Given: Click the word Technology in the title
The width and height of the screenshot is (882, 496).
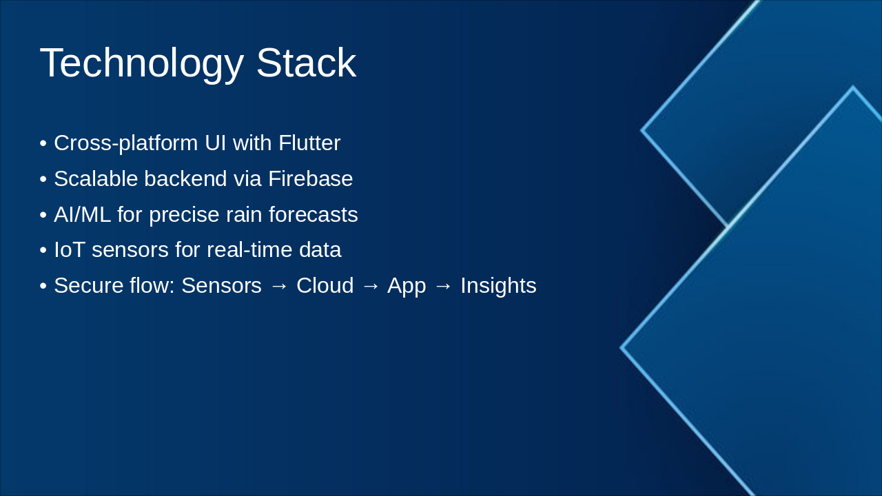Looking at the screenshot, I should click(x=141, y=63).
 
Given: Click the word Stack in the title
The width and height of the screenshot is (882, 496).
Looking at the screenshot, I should click(x=306, y=63).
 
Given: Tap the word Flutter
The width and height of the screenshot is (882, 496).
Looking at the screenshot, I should click(x=309, y=143).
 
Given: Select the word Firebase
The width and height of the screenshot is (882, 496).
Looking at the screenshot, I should click(x=310, y=179).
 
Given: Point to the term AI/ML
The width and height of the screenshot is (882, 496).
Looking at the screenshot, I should click(x=82, y=215).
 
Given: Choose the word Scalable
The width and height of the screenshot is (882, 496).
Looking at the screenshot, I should click(x=96, y=179).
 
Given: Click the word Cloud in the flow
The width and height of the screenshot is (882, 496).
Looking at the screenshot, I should click(x=325, y=286).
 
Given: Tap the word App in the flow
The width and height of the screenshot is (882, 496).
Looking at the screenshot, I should click(x=407, y=286).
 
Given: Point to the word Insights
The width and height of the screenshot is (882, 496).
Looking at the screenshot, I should click(x=498, y=286).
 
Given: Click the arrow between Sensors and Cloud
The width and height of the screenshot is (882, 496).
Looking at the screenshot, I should click(x=279, y=287).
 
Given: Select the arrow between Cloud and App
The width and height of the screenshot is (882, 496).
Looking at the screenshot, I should click(x=370, y=287).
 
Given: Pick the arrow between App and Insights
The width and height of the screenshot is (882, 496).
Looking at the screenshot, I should click(x=443, y=287).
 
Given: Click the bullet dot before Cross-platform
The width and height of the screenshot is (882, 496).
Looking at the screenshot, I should click(x=43, y=144).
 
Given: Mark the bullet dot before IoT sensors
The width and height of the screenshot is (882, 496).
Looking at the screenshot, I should click(x=43, y=251).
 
